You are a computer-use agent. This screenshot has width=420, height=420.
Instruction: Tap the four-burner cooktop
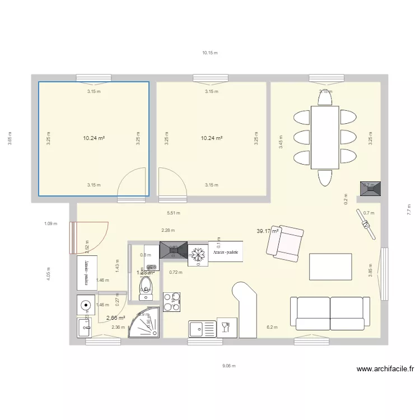171,301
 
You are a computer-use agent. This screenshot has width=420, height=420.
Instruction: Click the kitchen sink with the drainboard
202,329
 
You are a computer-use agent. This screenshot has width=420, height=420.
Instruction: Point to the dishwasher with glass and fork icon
227,328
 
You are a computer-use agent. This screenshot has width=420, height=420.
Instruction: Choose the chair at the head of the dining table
325,97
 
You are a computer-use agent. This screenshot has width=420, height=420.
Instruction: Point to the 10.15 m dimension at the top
210,53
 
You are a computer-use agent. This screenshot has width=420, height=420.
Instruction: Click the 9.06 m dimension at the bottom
228,366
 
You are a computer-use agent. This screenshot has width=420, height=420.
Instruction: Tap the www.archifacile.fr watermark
385,370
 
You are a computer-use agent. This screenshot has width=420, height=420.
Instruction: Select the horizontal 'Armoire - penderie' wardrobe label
226,252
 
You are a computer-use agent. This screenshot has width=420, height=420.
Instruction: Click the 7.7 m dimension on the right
409,209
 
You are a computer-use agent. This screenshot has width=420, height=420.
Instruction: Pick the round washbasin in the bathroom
86,306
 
